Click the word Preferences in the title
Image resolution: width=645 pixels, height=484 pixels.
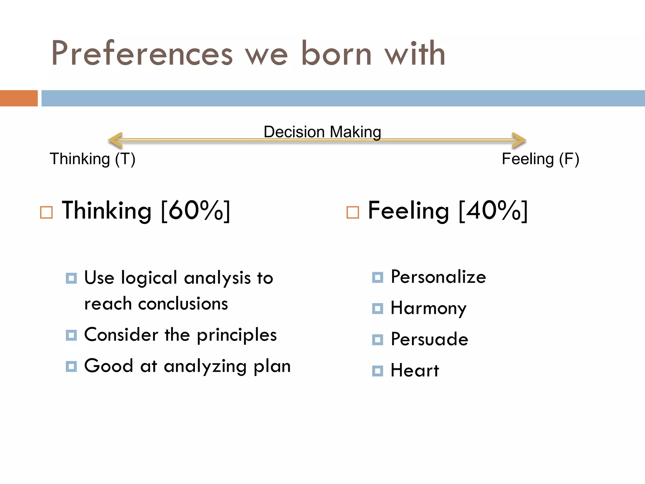click(x=142, y=53)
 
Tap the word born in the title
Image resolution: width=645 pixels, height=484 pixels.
click(x=336, y=53)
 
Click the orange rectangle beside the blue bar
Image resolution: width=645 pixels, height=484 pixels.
click(x=19, y=98)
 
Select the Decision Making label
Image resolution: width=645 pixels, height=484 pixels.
click(x=322, y=132)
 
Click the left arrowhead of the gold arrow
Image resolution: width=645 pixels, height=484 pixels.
click(x=115, y=140)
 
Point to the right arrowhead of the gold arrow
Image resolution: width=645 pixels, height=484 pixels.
click(x=519, y=140)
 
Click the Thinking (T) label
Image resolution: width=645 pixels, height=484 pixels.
click(x=93, y=159)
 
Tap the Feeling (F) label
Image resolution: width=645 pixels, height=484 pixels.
click(x=540, y=159)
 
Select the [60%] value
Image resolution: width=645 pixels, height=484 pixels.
click(x=196, y=210)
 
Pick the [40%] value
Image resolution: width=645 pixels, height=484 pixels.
click(x=493, y=210)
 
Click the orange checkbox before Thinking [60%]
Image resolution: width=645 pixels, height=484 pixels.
click(x=46, y=212)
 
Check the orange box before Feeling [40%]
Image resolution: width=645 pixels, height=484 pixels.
click(x=352, y=212)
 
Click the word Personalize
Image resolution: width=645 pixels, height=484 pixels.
click(x=438, y=277)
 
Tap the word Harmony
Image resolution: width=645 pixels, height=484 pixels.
click(x=428, y=308)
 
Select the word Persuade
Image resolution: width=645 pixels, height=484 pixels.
click(x=429, y=339)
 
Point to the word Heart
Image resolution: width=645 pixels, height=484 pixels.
click(x=414, y=370)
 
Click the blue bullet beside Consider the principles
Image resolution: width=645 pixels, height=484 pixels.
click(x=71, y=335)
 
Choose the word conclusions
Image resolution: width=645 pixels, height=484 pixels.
click(x=183, y=304)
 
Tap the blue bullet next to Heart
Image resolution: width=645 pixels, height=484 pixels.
click(x=378, y=371)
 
